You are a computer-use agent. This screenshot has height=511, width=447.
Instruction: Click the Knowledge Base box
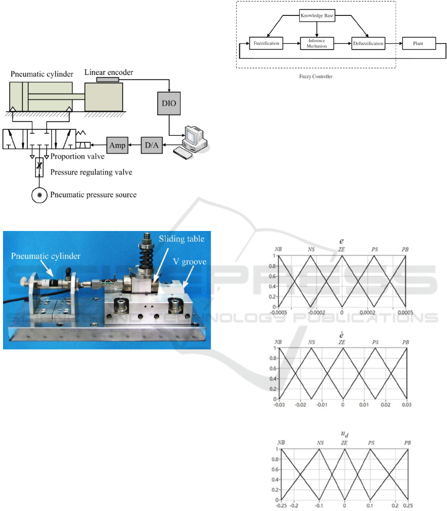[x=317, y=16]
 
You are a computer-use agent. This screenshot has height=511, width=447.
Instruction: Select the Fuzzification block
[x=266, y=44]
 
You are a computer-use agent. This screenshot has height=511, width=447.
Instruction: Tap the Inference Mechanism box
[x=317, y=44]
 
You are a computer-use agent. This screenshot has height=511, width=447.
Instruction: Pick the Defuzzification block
[x=368, y=44]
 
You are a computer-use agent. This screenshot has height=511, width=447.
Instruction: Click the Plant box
[x=419, y=44]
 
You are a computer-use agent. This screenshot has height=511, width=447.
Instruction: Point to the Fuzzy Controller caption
[x=316, y=77]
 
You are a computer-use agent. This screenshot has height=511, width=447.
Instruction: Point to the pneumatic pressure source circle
[x=40, y=195]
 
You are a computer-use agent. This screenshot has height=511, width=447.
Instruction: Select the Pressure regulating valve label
[x=94, y=172]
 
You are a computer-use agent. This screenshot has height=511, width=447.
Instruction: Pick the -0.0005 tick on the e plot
[x=280, y=313]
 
